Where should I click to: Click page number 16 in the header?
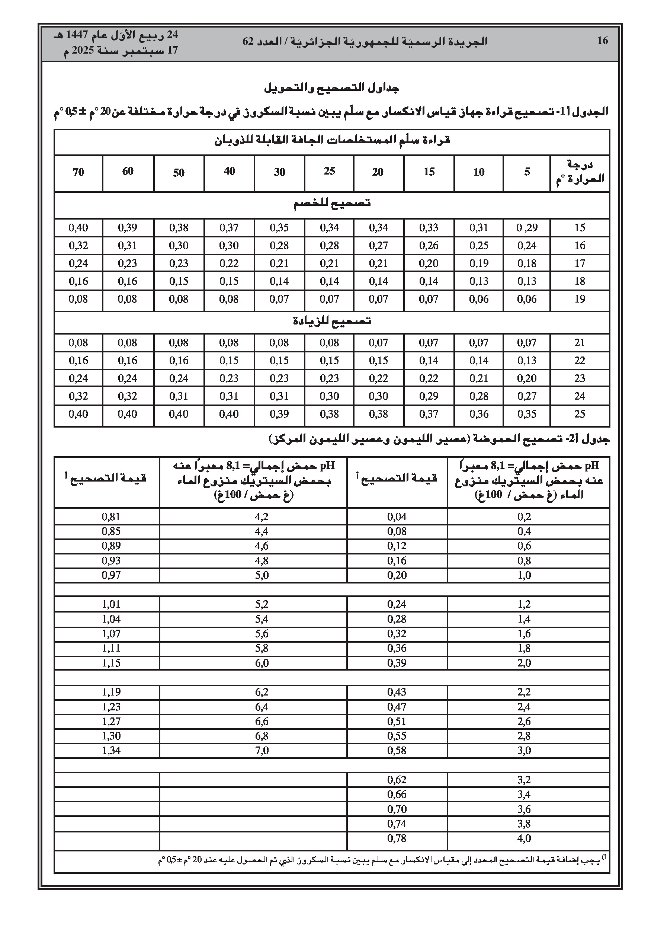tap(602, 41)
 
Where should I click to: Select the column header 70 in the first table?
tap(78, 172)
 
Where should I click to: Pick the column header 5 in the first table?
tap(527, 172)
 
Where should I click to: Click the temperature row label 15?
tap(580, 228)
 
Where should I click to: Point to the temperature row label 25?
tap(580, 414)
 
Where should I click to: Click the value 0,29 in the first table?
tap(527, 228)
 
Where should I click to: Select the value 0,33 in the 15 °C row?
tap(429, 228)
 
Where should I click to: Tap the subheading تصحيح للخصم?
tap(331, 204)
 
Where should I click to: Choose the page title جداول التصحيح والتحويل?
tap(331, 87)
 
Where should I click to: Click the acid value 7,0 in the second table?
tap(262, 751)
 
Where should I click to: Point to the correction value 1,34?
tap(111, 751)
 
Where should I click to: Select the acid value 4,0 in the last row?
tap(524, 838)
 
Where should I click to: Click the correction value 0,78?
tap(397, 838)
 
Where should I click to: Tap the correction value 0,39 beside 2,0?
tap(397, 663)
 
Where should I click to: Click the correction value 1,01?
tap(111, 604)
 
